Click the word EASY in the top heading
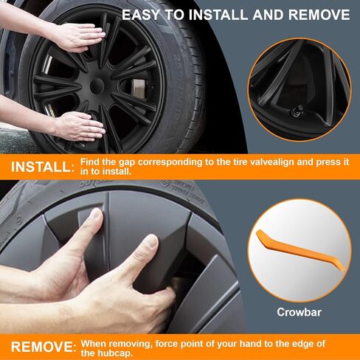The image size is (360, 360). [141, 15]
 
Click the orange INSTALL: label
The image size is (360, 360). [42, 167]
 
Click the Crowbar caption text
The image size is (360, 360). [300, 312]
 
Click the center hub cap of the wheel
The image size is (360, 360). [97, 86]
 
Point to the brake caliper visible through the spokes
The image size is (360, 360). [138, 88]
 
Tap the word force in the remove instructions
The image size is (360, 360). [166, 344]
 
